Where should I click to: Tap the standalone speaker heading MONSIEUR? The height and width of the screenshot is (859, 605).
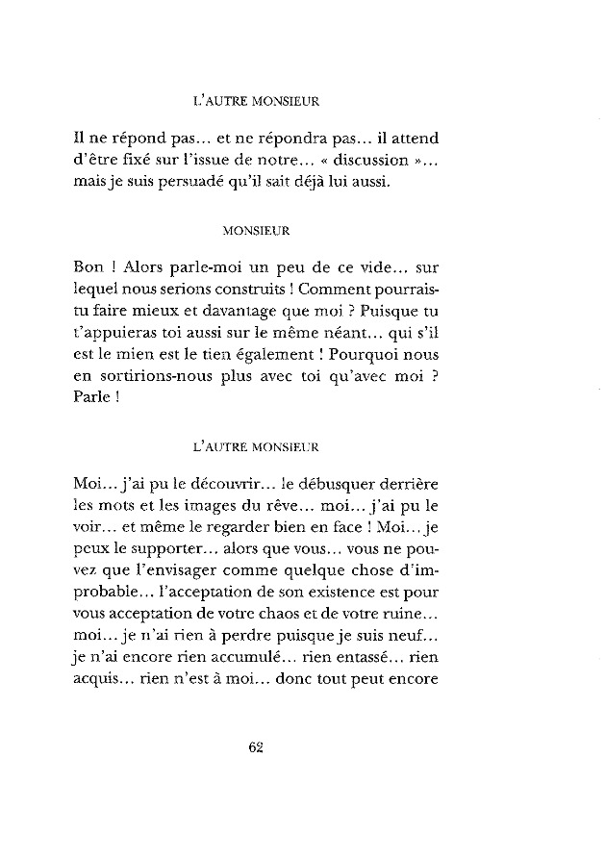click(257, 231)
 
